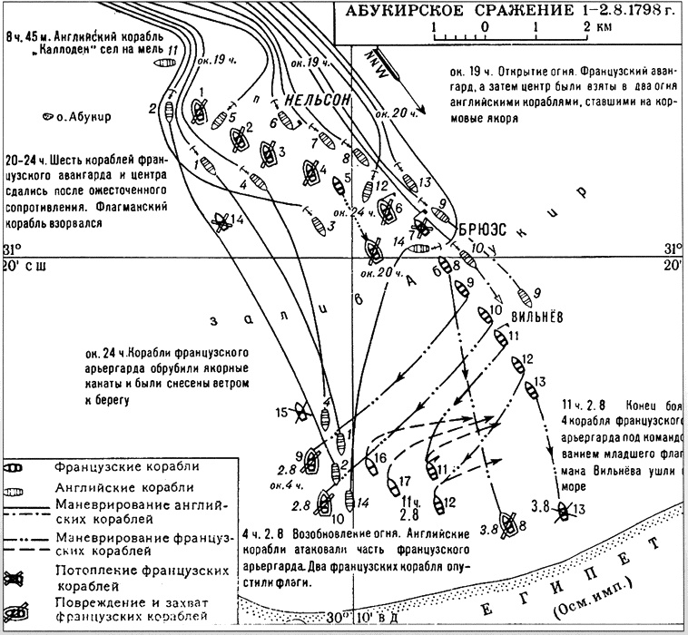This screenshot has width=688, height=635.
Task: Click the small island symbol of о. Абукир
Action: [x=47, y=115]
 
